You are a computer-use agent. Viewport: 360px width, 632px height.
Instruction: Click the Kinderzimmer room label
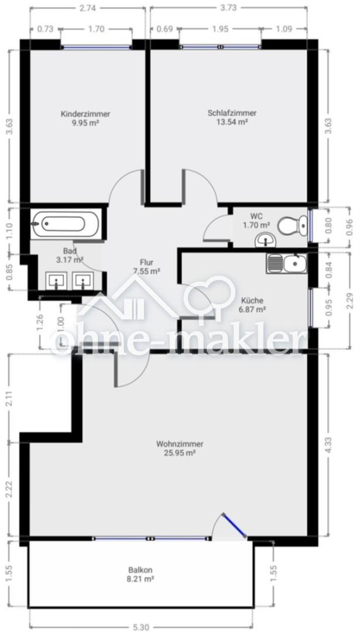tap(85, 114)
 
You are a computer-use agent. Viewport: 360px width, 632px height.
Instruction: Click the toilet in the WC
tap(293, 225)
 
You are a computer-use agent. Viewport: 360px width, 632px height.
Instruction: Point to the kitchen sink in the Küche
tap(287, 263)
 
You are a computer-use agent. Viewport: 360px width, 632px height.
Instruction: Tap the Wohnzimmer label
tap(180, 444)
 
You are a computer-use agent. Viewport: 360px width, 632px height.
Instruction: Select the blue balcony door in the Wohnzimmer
tap(235, 525)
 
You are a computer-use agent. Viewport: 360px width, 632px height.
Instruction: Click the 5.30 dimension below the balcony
tap(142, 627)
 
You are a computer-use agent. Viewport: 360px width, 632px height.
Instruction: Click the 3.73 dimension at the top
tap(228, 7)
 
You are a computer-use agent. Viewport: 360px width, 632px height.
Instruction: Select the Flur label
tap(147, 262)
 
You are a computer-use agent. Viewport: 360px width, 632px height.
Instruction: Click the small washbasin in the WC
tap(265, 241)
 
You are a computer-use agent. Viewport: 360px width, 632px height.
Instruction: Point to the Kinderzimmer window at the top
tap(97, 47)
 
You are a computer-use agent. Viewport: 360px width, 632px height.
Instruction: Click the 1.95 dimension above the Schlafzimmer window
tap(220, 29)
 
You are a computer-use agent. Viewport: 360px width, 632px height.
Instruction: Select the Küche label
tap(252, 301)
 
